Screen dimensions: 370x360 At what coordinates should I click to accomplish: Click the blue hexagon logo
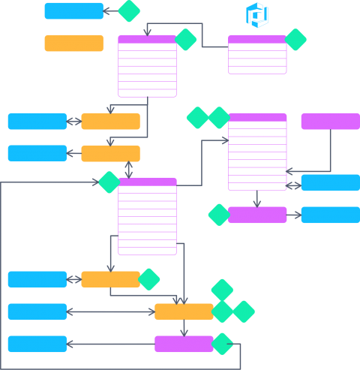(257, 14)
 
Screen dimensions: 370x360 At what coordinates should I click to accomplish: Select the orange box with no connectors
(73, 43)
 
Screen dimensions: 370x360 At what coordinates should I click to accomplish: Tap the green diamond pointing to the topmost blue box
(129, 11)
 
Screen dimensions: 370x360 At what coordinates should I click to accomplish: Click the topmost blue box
(73, 11)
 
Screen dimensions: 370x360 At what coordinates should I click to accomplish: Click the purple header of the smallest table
(257, 39)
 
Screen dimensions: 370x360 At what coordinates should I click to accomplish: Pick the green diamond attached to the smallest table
(295, 40)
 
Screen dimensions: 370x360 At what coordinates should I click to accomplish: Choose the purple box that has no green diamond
(330, 121)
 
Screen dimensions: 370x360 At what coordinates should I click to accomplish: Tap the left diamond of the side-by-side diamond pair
(198, 118)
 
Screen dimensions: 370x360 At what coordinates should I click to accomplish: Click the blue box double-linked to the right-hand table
(330, 182)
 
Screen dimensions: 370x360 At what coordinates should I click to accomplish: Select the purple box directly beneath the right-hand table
(257, 215)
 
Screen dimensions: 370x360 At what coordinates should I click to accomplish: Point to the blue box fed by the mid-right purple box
(330, 215)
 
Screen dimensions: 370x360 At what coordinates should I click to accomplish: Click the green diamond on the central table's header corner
(109, 182)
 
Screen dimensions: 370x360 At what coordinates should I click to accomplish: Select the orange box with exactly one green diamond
(110, 279)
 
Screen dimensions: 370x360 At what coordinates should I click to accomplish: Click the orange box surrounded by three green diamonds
(184, 311)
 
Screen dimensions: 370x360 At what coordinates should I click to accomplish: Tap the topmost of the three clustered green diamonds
(222, 290)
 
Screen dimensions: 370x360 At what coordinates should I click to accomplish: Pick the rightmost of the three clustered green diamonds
(244, 311)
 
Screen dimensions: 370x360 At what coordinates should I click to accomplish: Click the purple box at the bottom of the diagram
(184, 344)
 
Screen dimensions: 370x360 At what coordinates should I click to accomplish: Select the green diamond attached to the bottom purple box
(223, 344)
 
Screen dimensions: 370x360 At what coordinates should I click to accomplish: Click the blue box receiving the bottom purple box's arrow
(37, 344)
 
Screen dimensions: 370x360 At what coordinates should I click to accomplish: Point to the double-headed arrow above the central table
(129, 170)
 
